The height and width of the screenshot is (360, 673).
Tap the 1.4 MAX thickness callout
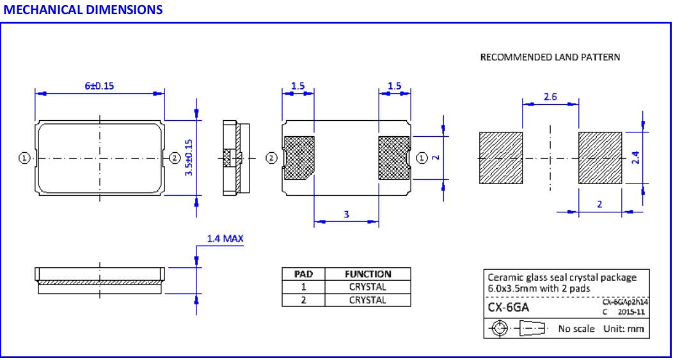pyautogui.click(x=225, y=239)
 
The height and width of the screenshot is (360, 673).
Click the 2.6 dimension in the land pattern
pyautogui.click(x=550, y=97)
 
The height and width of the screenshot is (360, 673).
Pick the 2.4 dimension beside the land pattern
pyautogui.click(x=637, y=157)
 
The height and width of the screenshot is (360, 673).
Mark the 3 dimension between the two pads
pyautogui.click(x=346, y=215)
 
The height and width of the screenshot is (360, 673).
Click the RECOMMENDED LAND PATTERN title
pyautogui.click(x=550, y=58)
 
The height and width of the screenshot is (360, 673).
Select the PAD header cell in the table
pyautogui.click(x=303, y=274)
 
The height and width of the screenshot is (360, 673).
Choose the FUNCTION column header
pyautogui.click(x=368, y=274)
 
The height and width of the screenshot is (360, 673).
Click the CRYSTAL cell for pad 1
pyautogui.click(x=368, y=287)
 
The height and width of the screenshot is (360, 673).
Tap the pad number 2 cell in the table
pyautogui.click(x=303, y=299)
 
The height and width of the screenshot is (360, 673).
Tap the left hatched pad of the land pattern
pyautogui.click(x=501, y=157)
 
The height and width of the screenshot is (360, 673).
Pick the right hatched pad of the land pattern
pyautogui.click(x=600, y=157)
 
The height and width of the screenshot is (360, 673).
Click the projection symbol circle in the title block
pyautogui.click(x=499, y=329)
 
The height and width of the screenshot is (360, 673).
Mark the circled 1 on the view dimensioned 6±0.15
pyautogui.click(x=24, y=157)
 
